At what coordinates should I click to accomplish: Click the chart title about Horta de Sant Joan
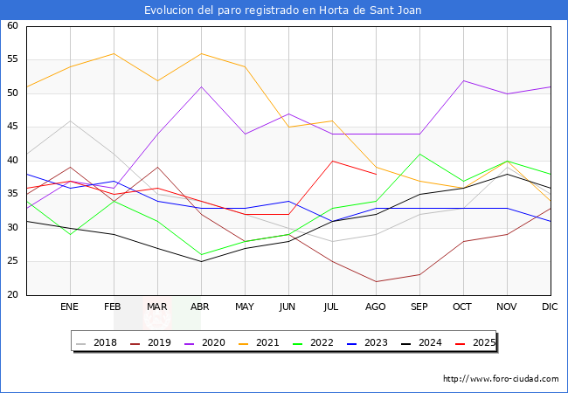click(284, 10)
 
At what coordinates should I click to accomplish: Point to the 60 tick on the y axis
click(13, 26)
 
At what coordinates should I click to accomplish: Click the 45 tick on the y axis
click(13, 127)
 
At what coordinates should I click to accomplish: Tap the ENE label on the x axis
click(70, 307)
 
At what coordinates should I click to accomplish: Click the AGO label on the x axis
click(376, 307)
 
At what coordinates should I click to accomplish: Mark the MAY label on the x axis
click(245, 307)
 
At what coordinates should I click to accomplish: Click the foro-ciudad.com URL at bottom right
click(501, 379)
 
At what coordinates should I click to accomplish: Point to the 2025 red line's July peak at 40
click(332, 161)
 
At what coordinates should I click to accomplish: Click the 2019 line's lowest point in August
click(376, 281)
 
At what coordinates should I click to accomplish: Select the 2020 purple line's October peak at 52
click(463, 80)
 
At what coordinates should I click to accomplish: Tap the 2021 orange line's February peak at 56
click(114, 53)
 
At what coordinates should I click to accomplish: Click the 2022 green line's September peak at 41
click(419, 154)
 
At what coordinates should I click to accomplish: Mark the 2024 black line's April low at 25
click(201, 261)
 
